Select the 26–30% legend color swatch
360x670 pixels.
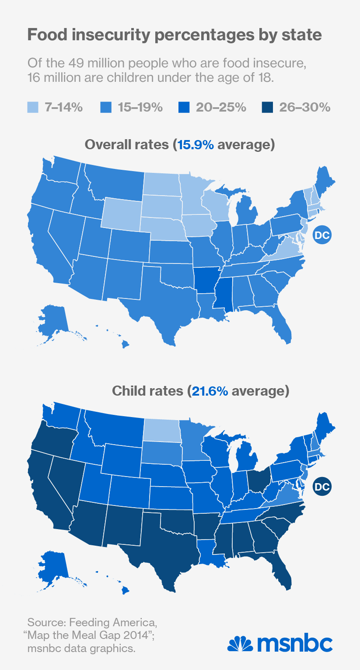[267, 107]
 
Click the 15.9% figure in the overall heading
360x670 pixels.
[193, 144]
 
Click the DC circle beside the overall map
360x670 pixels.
[322, 235]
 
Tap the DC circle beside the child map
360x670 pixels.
[322, 486]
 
